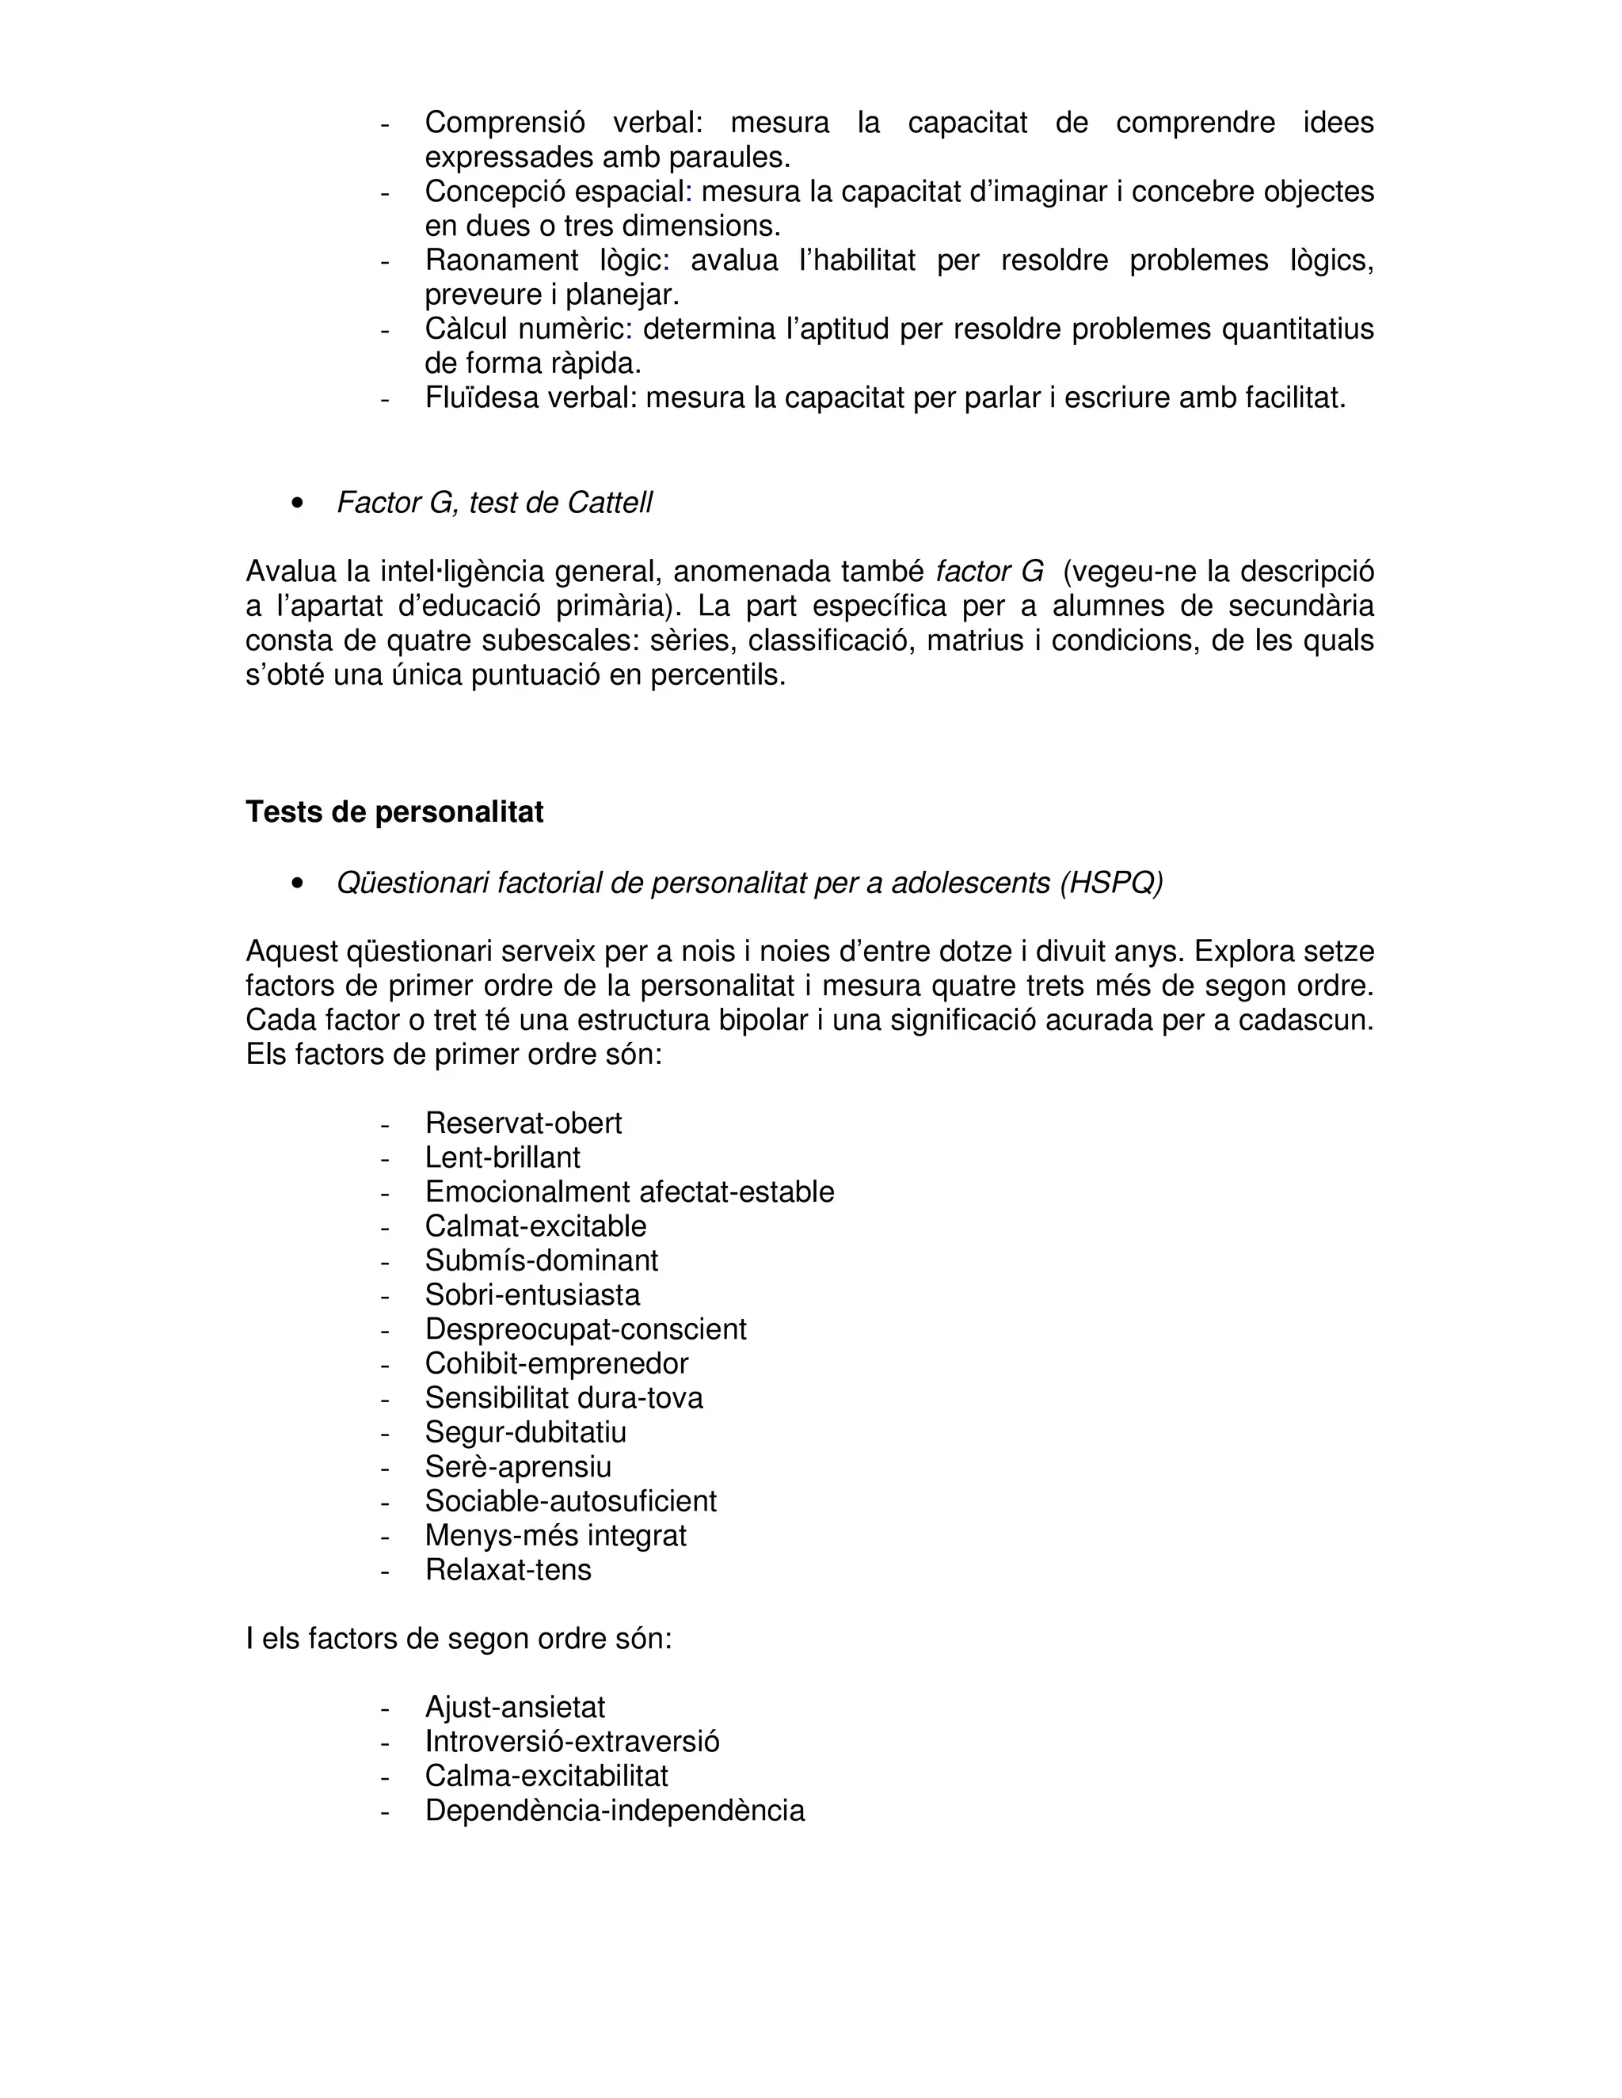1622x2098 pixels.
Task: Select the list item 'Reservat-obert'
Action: point(523,1123)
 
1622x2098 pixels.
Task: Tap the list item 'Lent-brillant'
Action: point(503,1157)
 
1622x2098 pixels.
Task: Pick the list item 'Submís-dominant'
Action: point(541,1260)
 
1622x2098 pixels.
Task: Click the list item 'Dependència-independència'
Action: point(614,1810)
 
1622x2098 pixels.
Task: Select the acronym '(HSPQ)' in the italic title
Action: point(1111,883)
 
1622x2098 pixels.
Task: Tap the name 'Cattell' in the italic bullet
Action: point(609,503)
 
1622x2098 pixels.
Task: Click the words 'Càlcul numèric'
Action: point(524,329)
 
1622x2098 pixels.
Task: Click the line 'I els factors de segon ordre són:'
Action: point(459,1639)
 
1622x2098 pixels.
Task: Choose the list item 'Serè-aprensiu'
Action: point(518,1467)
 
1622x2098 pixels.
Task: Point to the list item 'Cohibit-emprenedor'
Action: point(556,1363)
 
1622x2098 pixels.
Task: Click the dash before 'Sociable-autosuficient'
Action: point(384,1501)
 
